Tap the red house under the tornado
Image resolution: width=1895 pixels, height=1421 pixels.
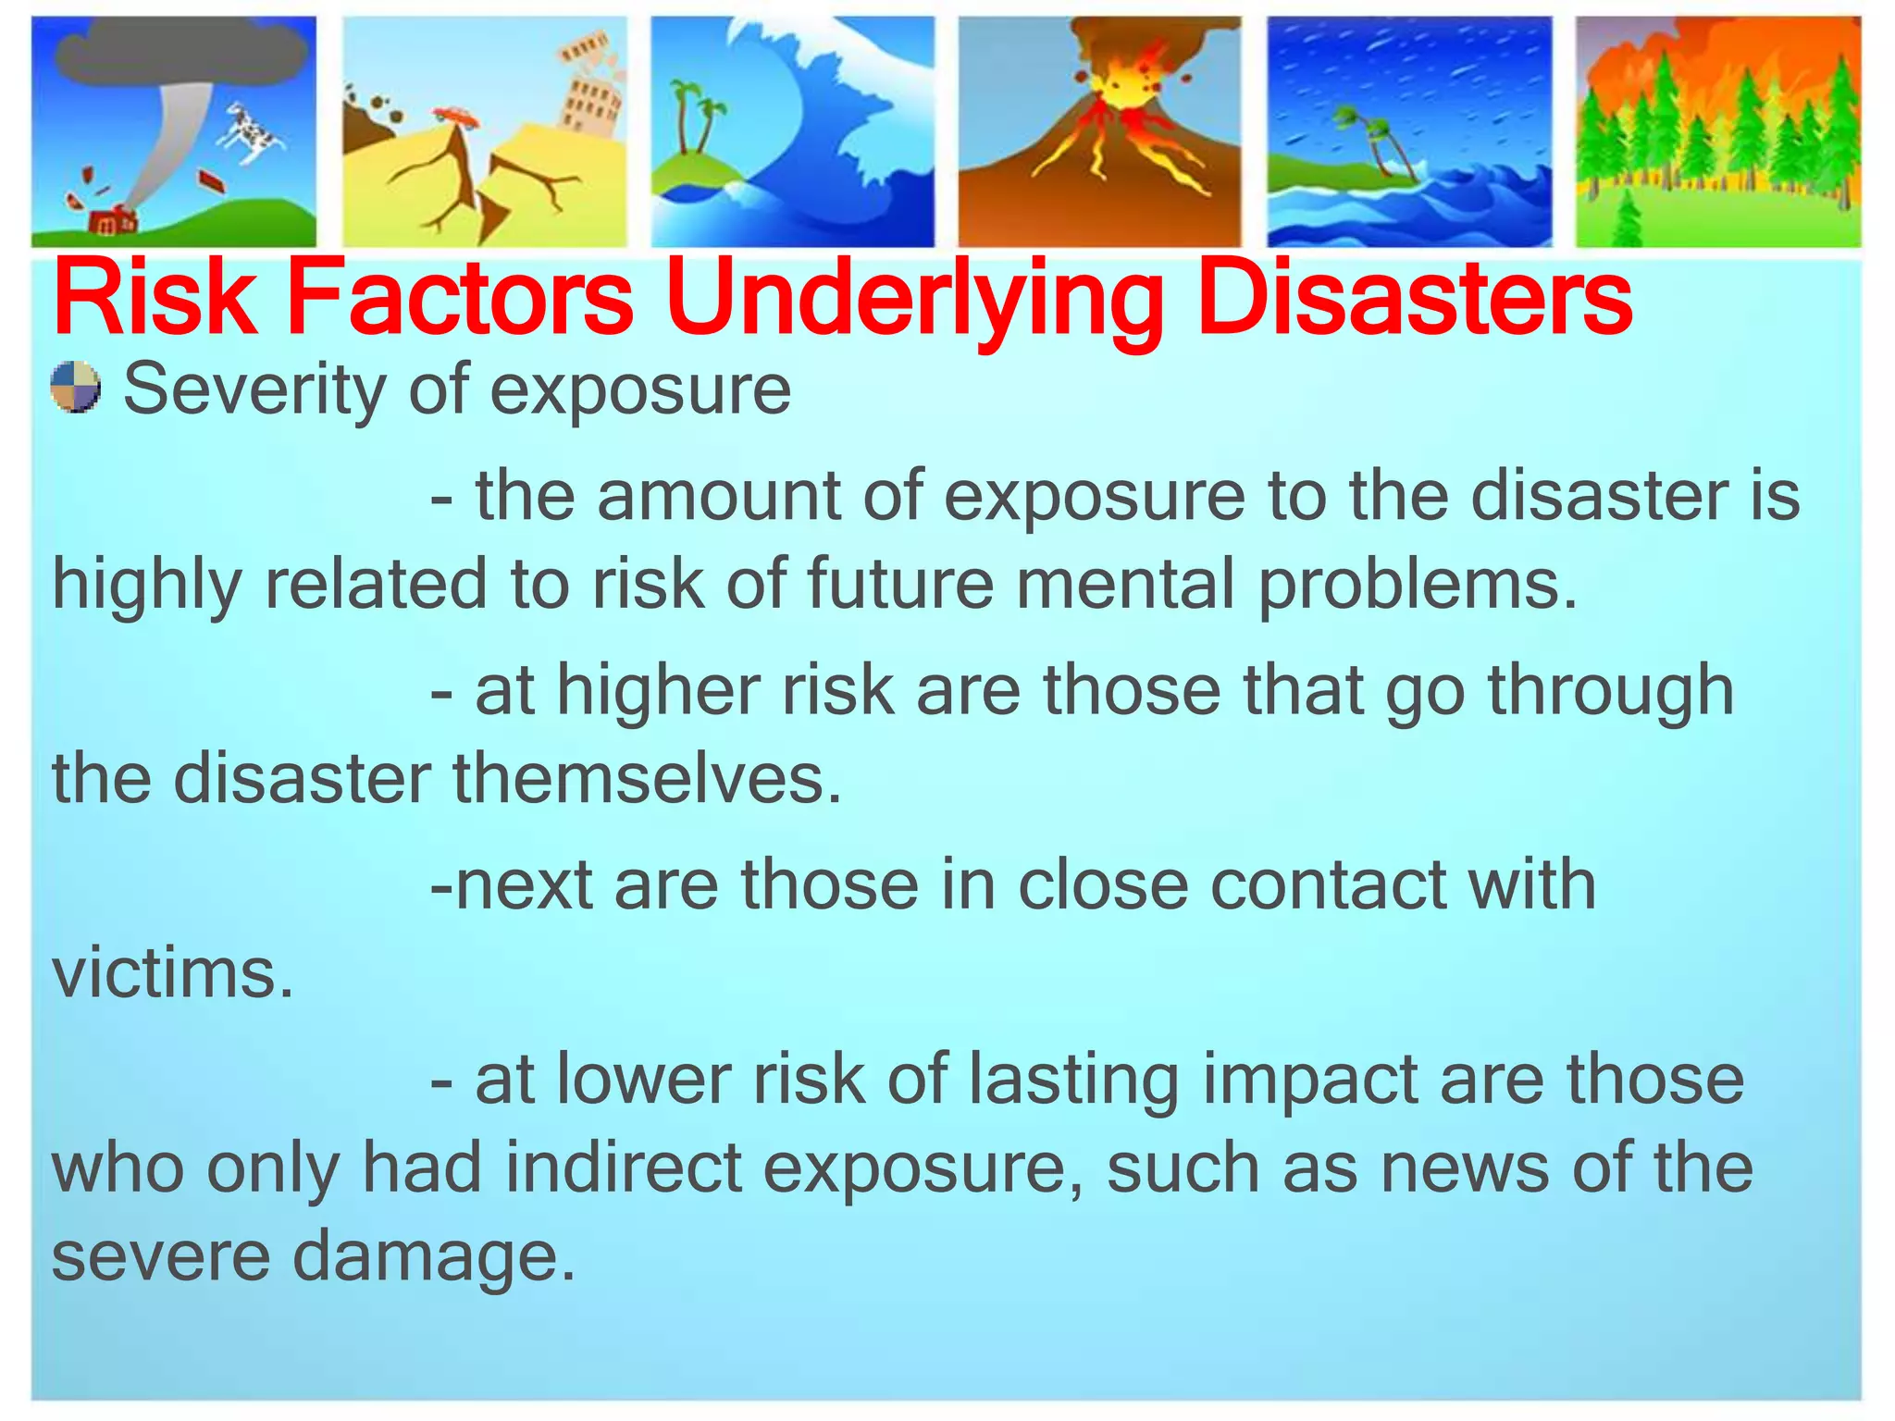pyautogui.click(x=114, y=222)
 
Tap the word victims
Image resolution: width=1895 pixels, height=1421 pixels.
pyautogui.click(x=172, y=973)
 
